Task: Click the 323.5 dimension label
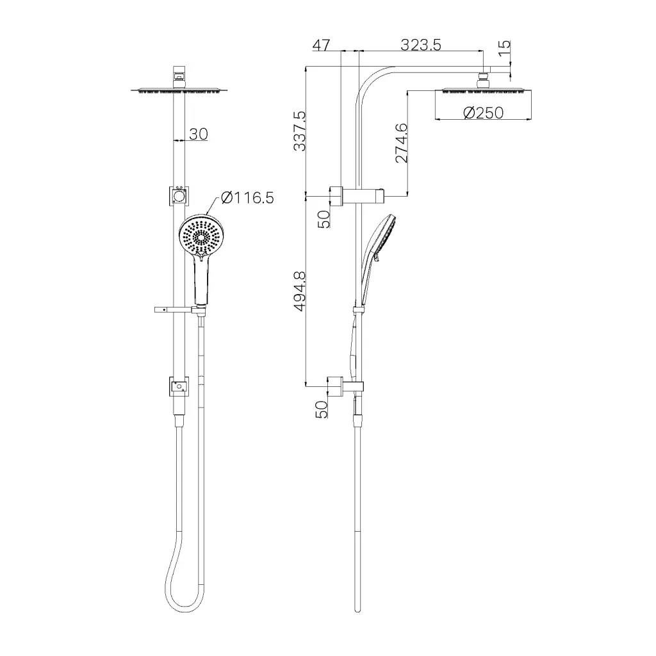(x=420, y=44)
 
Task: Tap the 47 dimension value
(x=321, y=45)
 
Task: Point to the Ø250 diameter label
(x=483, y=113)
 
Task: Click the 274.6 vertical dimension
(x=401, y=143)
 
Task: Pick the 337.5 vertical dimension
(x=300, y=131)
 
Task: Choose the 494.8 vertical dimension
(x=300, y=291)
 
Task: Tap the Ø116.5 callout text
(x=247, y=197)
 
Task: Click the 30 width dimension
(x=199, y=134)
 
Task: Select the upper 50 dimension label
(x=324, y=219)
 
